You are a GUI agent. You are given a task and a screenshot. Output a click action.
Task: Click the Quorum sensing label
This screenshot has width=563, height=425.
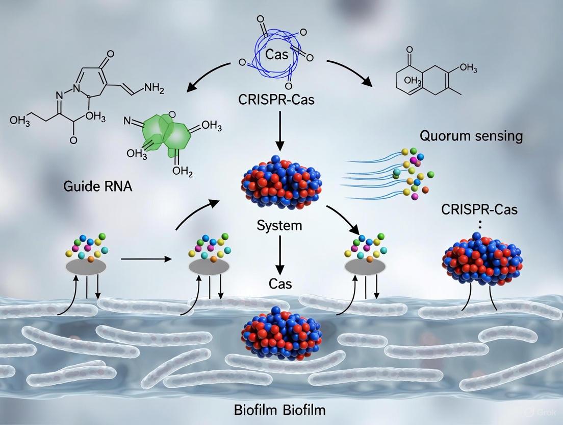(x=471, y=136)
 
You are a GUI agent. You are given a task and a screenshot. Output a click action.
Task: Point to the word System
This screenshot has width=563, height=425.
(x=279, y=225)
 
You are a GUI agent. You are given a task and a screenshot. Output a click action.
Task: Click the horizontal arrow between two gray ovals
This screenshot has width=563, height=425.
(x=146, y=259)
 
